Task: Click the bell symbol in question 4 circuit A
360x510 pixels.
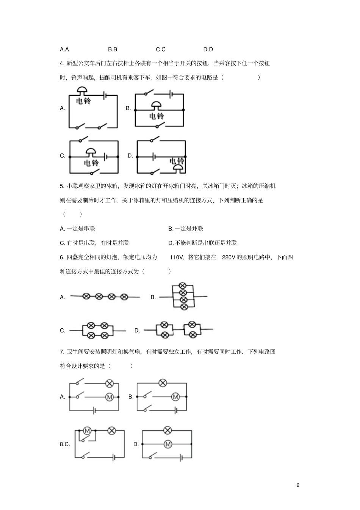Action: coord(82,91)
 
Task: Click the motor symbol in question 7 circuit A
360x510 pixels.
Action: coord(110,397)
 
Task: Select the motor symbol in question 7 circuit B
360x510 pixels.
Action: coord(175,397)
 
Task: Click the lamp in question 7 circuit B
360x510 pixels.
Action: coord(163,383)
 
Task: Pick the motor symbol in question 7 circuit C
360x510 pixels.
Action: coord(87,430)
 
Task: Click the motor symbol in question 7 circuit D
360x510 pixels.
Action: coord(167,444)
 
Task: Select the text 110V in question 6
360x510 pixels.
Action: coord(177,257)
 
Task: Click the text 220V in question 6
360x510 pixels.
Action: coord(229,257)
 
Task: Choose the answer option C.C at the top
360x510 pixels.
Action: coord(161,49)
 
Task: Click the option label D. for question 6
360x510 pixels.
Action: coord(137,330)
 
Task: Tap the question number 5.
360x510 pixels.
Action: coord(62,186)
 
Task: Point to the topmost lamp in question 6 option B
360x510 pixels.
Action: coord(183,286)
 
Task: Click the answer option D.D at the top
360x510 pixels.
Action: coord(208,49)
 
